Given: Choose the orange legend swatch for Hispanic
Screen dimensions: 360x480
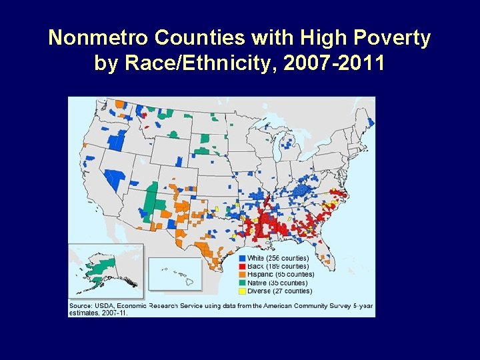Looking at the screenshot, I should point(242,275).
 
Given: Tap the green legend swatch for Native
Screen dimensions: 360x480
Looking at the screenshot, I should point(242,283).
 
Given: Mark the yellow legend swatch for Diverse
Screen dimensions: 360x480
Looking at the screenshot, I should point(242,291).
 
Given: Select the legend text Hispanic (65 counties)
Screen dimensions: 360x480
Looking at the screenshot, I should point(281,275).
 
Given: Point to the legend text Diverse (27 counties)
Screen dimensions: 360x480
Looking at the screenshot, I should point(279,291).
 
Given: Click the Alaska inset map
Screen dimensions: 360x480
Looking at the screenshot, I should point(105,270).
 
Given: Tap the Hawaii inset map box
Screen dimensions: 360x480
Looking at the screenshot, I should point(174,274).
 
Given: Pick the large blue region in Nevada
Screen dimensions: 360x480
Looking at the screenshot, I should point(115,179).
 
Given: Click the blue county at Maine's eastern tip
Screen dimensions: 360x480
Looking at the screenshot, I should point(371,123).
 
